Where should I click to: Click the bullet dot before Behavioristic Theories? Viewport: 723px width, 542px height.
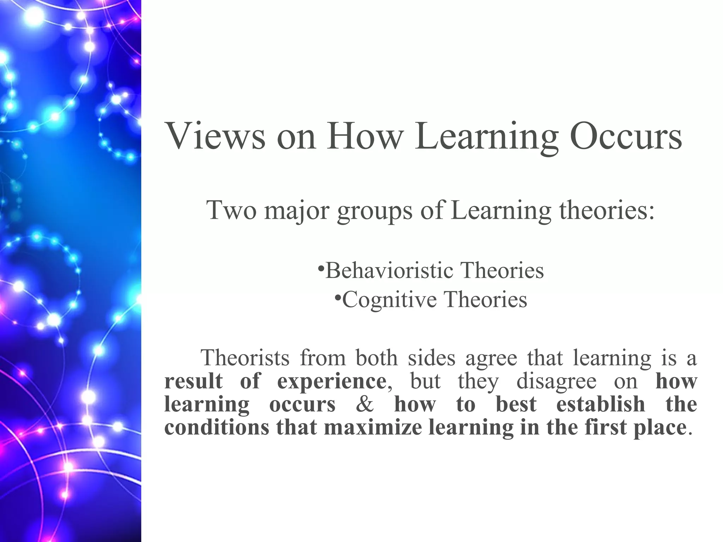tap(321, 269)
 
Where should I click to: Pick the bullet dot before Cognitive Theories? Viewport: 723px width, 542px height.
tap(337, 299)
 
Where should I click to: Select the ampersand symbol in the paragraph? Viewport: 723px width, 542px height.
tap(364, 404)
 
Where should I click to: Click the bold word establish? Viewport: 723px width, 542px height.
tap(600, 404)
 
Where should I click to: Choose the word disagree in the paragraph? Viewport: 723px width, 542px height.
tap(556, 381)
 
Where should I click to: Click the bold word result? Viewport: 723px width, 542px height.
tap(193, 381)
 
